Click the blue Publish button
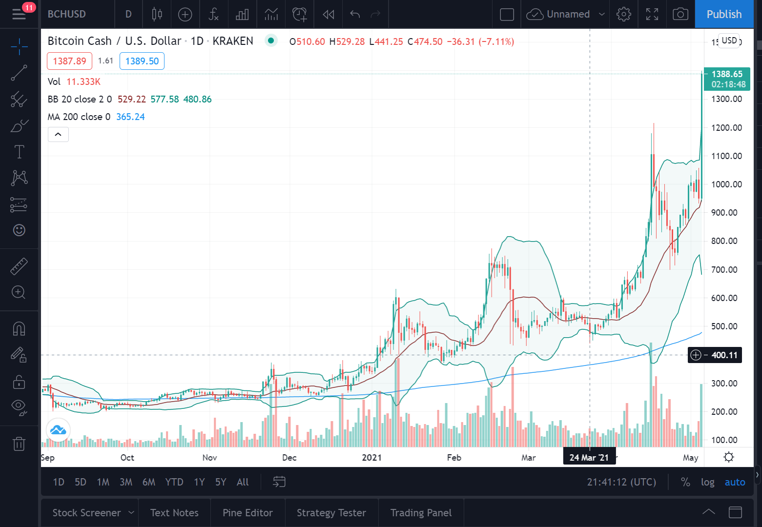[x=724, y=14]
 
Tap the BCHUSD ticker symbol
[x=67, y=14]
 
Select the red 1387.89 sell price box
[x=69, y=61]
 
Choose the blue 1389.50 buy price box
[x=142, y=61]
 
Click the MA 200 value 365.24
[x=131, y=117]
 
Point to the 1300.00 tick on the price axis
[x=726, y=99]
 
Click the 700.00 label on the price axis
[x=726, y=270]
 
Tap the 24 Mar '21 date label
[x=589, y=458]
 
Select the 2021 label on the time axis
[x=371, y=458]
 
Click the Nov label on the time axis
[x=209, y=458]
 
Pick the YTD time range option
[x=174, y=482]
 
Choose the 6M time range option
[x=149, y=482]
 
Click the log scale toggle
[x=708, y=482]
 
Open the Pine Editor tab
[x=247, y=513]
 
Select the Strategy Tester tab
[x=331, y=513]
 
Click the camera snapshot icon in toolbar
[x=680, y=14]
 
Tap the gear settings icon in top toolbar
[x=623, y=14]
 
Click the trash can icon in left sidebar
[x=19, y=444]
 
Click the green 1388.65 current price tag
[x=727, y=79]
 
